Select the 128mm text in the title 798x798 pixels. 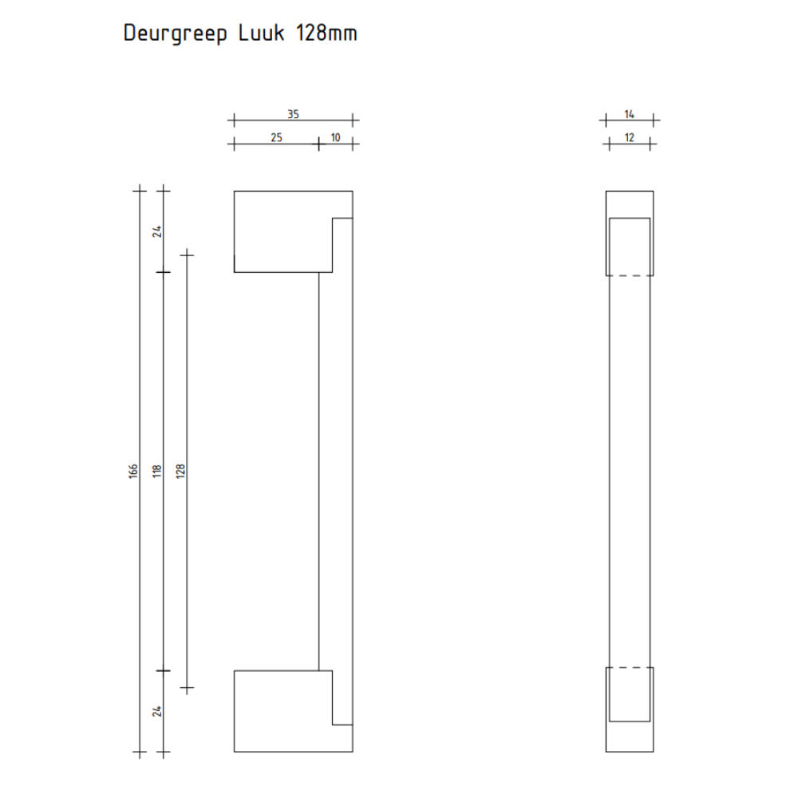[326, 34]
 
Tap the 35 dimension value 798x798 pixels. [293, 115]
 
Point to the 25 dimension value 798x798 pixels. [276, 137]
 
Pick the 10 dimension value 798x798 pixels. [335, 137]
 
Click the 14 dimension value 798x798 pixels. [630, 115]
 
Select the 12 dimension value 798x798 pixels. [630, 137]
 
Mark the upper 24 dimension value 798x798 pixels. [157, 231]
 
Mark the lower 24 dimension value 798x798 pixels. [157, 709]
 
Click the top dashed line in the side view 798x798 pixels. [630, 276]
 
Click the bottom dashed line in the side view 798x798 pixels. [630, 667]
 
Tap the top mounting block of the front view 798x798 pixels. [283, 232]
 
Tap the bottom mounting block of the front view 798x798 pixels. [283, 711]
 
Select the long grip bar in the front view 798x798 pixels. [335, 471]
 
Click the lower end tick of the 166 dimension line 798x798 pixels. [140, 752]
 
